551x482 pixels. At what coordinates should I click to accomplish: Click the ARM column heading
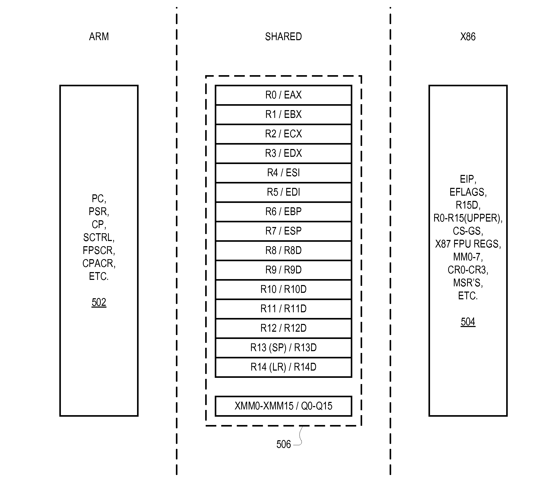coord(99,37)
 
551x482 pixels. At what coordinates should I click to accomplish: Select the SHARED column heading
coord(283,37)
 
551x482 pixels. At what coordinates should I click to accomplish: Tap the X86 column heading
coord(468,37)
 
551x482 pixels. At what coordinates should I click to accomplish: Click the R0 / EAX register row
coord(283,95)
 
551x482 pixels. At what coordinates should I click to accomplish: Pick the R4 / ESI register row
coord(283,173)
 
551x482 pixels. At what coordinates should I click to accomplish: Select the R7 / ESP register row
coord(283,231)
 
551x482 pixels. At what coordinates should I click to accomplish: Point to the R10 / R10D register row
coord(283,289)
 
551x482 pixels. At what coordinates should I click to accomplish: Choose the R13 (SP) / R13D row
coord(283,348)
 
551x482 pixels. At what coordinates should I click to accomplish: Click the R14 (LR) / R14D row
coord(283,367)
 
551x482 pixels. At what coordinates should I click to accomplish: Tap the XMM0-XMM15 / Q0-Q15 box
coord(283,406)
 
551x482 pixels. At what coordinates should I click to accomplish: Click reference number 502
coord(99,302)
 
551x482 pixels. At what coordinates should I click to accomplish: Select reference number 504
coord(468,322)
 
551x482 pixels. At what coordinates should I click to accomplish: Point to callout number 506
coord(283,444)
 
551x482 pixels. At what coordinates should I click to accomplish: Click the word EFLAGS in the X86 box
coord(468,192)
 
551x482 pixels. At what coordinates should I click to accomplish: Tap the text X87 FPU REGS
coord(468,244)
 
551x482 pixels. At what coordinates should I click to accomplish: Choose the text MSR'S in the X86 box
coord(468,283)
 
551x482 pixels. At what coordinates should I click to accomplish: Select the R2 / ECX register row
coord(283,134)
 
